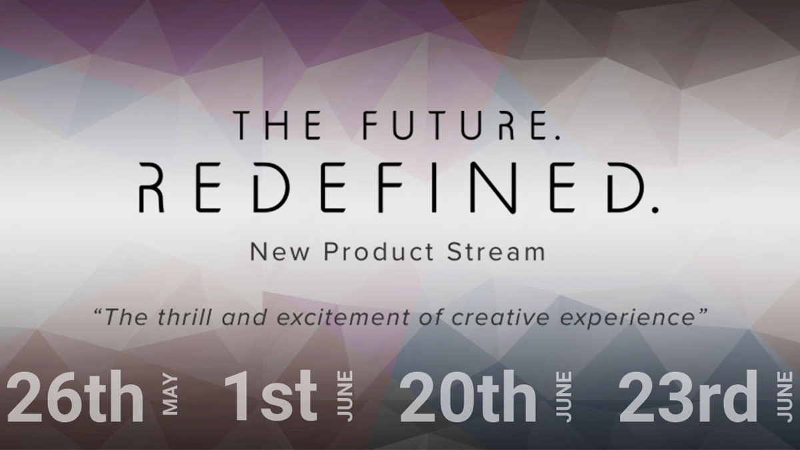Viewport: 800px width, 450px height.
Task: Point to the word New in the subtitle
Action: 279,252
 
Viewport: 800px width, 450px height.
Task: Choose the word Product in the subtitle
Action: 379,252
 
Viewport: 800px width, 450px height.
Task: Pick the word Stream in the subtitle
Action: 496,252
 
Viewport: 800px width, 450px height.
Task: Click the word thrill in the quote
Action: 184,317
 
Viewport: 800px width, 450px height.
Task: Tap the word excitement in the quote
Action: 343,317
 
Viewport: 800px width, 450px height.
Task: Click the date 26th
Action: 75,397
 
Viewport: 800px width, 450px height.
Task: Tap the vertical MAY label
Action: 170,394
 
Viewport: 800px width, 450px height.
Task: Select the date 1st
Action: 271,396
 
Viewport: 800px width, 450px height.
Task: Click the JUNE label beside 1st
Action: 345,397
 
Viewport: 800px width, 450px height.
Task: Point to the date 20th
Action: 468,397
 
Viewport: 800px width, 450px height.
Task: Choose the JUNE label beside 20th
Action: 563,397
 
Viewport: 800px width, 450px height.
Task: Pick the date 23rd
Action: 688,397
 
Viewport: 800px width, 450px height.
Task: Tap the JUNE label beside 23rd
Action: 784,397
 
